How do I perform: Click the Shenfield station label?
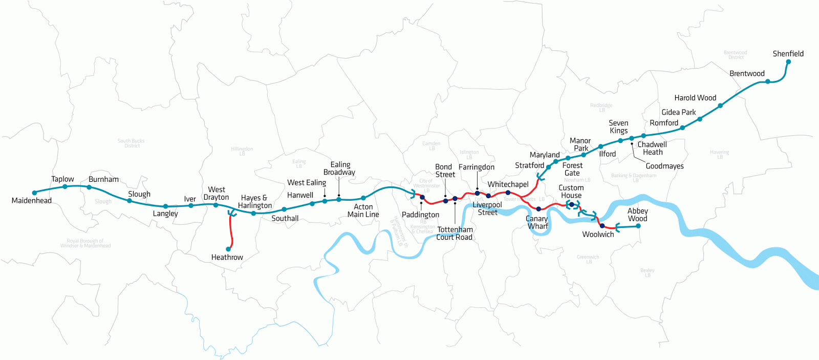coord(788,54)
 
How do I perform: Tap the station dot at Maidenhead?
coord(34,193)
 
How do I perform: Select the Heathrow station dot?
coord(228,249)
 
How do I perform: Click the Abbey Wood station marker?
coord(638,226)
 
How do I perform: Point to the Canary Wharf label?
coord(537,222)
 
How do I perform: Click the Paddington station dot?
coord(422,197)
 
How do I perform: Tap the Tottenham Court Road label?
coord(455,234)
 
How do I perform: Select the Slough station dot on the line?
coord(130,201)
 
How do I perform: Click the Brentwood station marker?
coord(768,81)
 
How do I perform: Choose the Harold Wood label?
coord(695,98)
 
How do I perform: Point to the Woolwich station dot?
coord(602,226)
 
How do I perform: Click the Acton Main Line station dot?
coord(363,198)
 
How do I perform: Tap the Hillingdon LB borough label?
coord(242,151)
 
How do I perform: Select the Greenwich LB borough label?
coord(588,259)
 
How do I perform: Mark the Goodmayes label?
coord(664,166)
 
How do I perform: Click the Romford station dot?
coord(682,128)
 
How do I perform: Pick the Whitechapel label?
coord(508,184)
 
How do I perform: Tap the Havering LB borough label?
coord(719,154)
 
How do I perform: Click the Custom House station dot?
coord(572,205)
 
